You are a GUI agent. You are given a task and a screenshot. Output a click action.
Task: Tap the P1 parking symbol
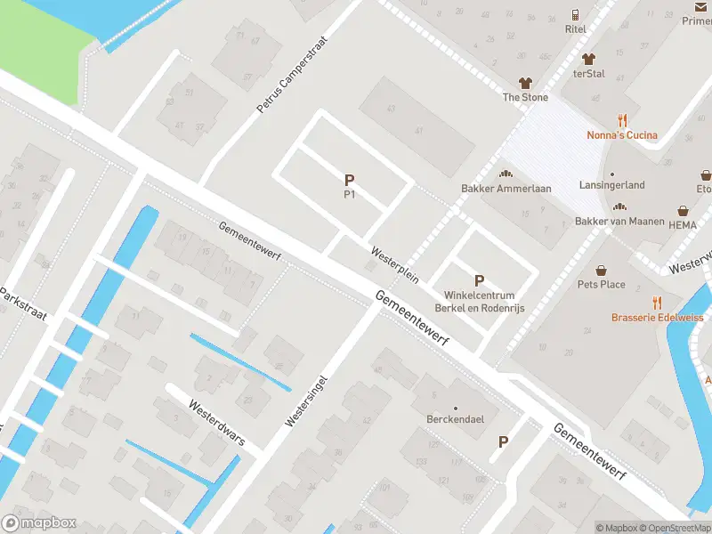click(x=350, y=179)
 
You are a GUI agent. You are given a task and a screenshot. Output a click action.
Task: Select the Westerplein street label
click(x=395, y=264)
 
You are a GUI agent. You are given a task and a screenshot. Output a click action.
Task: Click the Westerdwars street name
click(x=216, y=423)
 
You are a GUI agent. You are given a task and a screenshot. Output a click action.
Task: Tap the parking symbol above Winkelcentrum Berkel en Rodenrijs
click(x=480, y=280)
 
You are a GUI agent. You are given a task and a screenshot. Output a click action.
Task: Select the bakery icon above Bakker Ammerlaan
click(x=506, y=174)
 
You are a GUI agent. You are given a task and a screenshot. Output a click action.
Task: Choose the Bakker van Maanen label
click(x=620, y=221)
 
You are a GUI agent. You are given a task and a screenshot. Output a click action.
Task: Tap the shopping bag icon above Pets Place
click(x=602, y=270)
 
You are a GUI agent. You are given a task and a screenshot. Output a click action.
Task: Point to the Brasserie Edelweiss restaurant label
click(x=657, y=318)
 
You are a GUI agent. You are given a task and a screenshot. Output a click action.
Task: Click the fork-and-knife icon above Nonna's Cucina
click(x=622, y=120)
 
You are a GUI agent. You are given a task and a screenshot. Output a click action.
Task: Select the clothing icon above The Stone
click(x=525, y=82)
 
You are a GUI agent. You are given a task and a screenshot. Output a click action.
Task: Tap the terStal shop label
click(x=588, y=74)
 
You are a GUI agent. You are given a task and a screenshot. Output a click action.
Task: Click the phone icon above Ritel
click(x=576, y=14)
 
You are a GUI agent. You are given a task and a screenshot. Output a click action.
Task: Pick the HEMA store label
click(x=683, y=225)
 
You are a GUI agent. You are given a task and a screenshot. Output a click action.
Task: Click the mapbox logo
click(x=39, y=523)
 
